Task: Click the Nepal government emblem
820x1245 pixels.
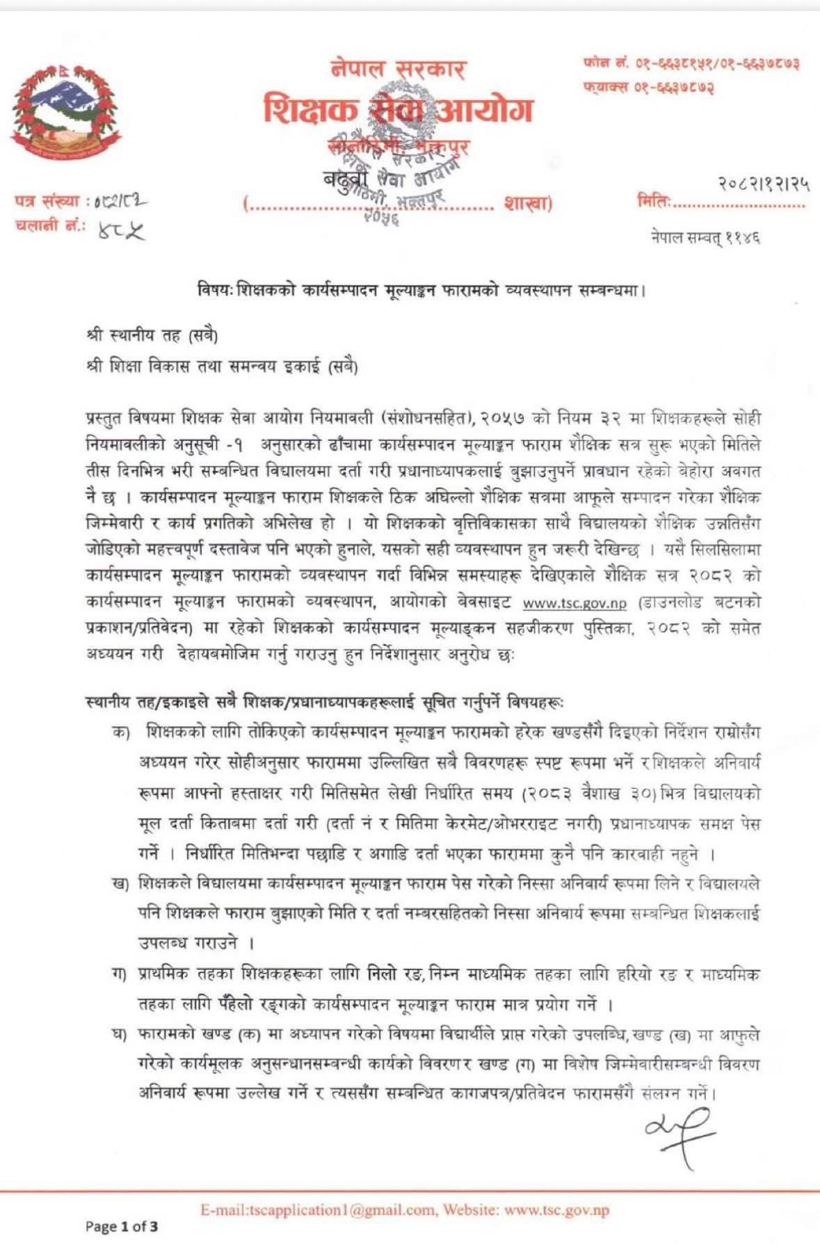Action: pyautogui.click(x=65, y=111)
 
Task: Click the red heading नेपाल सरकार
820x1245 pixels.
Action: pyautogui.click(x=398, y=70)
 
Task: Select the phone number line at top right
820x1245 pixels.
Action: pyautogui.click(x=691, y=63)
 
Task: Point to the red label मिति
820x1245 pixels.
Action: pyautogui.click(x=654, y=202)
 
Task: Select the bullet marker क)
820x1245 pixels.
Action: pyautogui.click(x=122, y=732)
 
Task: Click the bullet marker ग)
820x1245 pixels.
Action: pyautogui.click(x=120, y=974)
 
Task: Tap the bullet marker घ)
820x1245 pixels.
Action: pyautogui.click(x=120, y=1035)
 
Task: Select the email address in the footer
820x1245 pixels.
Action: pyautogui.click(x=318, y=1210)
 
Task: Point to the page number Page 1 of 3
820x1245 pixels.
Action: pyautogui.click(x=122, y=1226)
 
